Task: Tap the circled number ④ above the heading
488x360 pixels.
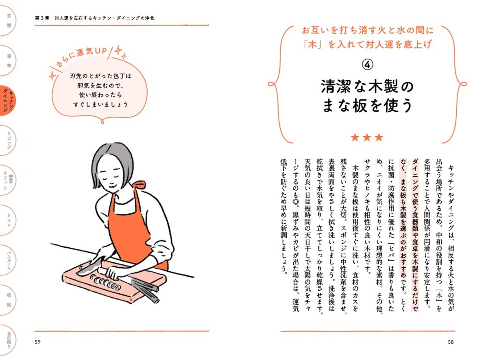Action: click(367, 65)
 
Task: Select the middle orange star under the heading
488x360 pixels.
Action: click(367, 137)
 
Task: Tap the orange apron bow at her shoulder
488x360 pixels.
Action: click(139, 185)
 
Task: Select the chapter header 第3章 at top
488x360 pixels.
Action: click(43, 18)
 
